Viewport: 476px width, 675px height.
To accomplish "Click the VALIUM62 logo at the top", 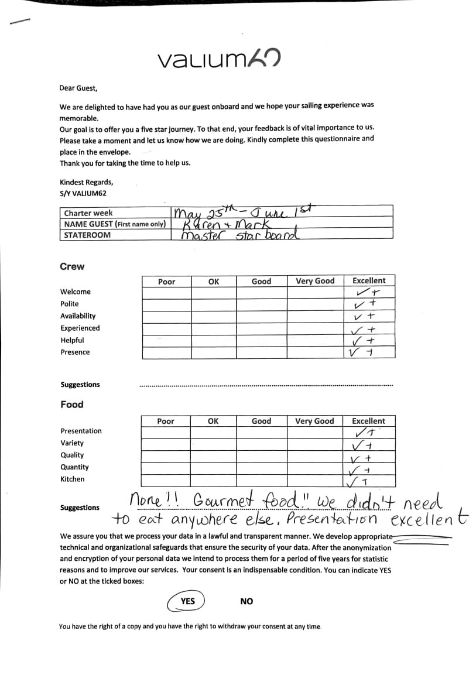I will [218, 59].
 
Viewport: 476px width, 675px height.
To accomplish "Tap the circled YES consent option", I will [187, 601].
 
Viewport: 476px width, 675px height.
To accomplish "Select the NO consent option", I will [246, 601].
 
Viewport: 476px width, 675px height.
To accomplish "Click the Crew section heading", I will [72, 266].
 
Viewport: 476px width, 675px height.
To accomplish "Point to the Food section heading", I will [72, 405].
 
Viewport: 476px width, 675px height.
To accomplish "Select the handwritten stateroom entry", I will [240, 235].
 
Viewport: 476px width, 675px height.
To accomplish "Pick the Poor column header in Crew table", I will [167, 282].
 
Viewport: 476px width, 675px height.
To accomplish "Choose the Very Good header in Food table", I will [314, 421].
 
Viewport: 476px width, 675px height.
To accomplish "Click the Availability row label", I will [78, 316].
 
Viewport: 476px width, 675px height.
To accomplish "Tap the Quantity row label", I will [74, 467].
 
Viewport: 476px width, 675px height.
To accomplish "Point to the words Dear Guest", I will [78, 88].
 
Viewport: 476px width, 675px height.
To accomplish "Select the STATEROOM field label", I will [87, 235].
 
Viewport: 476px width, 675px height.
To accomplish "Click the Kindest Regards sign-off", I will [87, 182].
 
